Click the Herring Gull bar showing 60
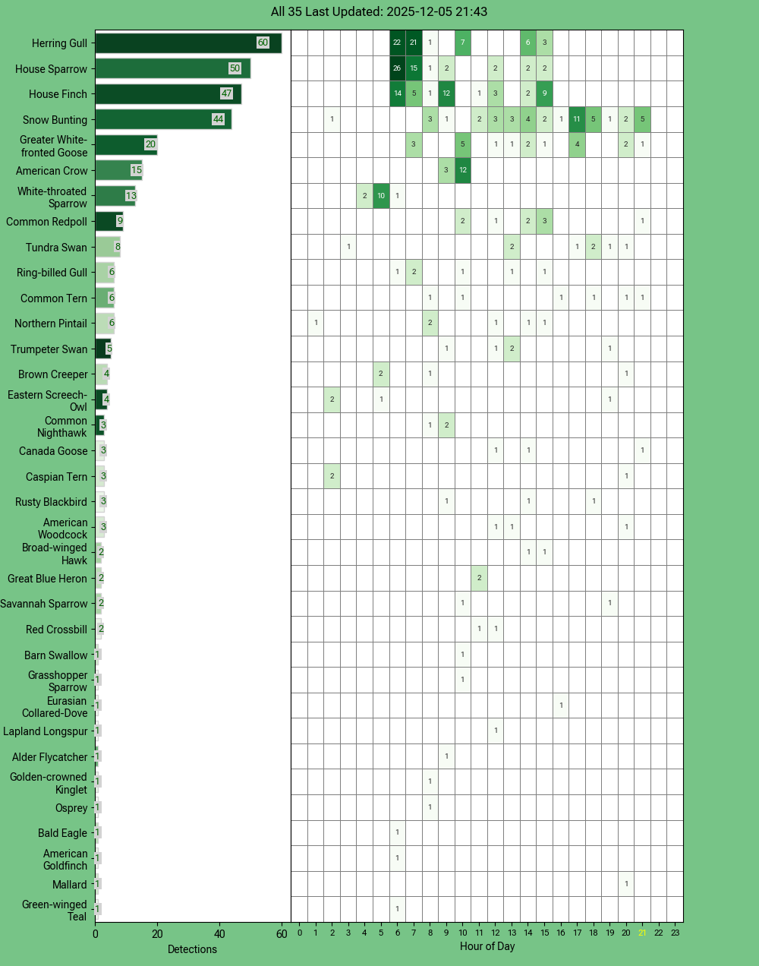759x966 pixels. (x=187, y=43)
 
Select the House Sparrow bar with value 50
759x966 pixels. (x=172, y=68)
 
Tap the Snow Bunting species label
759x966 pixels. (x=55, y=120)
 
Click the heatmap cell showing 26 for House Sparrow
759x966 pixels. (x=397, y=68)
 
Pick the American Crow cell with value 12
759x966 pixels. (x=462, y=170)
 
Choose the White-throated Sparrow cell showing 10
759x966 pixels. (x=381, y=196)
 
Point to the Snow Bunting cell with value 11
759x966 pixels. (x=577, y=119)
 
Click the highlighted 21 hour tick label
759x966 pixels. (x=642, y=933)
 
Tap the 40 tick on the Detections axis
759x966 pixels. (x=219, y=934)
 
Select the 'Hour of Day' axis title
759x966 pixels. (x=487, y=946)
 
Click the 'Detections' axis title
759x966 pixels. (x=192, y=949)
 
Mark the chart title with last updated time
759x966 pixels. (x=379, y=12)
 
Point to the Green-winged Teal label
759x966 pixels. (x=55, y=911)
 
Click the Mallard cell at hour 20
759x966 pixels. (x=626, y=884)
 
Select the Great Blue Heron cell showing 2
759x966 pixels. (x=479, y=578)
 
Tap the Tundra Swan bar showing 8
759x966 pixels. (x=107, y=247)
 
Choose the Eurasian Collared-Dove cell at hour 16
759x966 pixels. (x=561, y=706)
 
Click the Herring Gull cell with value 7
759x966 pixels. (x=462, y=43)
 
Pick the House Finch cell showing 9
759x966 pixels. (x=544, y=94)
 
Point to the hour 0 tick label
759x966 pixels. (x=299, y=933)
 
